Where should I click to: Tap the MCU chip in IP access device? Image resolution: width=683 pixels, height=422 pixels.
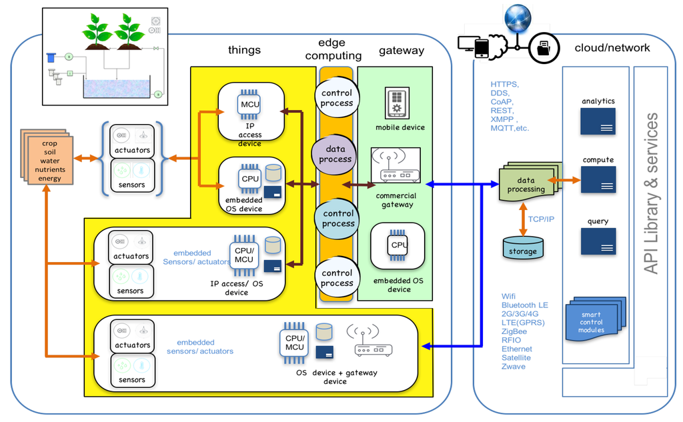pos(249,104)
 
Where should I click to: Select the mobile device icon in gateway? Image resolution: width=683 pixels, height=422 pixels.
pos(398,103)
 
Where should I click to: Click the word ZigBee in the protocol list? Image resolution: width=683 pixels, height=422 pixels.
pos(514,331)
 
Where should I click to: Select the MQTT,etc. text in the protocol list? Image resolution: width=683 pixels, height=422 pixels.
pos(510,128)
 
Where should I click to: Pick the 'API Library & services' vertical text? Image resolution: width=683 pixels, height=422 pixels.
pos(651,193)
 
